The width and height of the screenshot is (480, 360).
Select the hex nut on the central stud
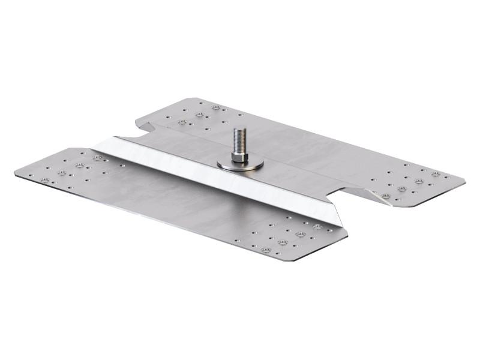[239, 157]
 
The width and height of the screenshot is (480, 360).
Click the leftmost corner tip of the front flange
[15, 175]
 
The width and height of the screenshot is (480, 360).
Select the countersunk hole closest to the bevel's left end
[97, 158]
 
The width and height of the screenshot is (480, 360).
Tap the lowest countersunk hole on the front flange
[266, 250]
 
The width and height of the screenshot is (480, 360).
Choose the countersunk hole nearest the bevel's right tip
[316, 227]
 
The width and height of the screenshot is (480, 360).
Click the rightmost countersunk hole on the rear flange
[436, 174]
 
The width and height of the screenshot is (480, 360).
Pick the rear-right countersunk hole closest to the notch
[385, 196]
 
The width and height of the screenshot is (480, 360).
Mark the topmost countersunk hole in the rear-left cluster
[216, 107]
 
